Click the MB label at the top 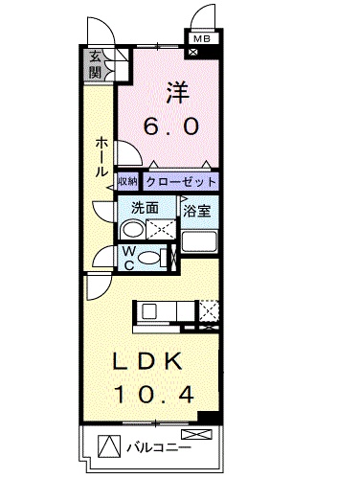pos(201,39)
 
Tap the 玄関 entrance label pos(96,64)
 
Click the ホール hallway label pos(100,157)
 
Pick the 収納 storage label pos(128,181)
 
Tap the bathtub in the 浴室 pos(203,244)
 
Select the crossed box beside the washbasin pos(162,230)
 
